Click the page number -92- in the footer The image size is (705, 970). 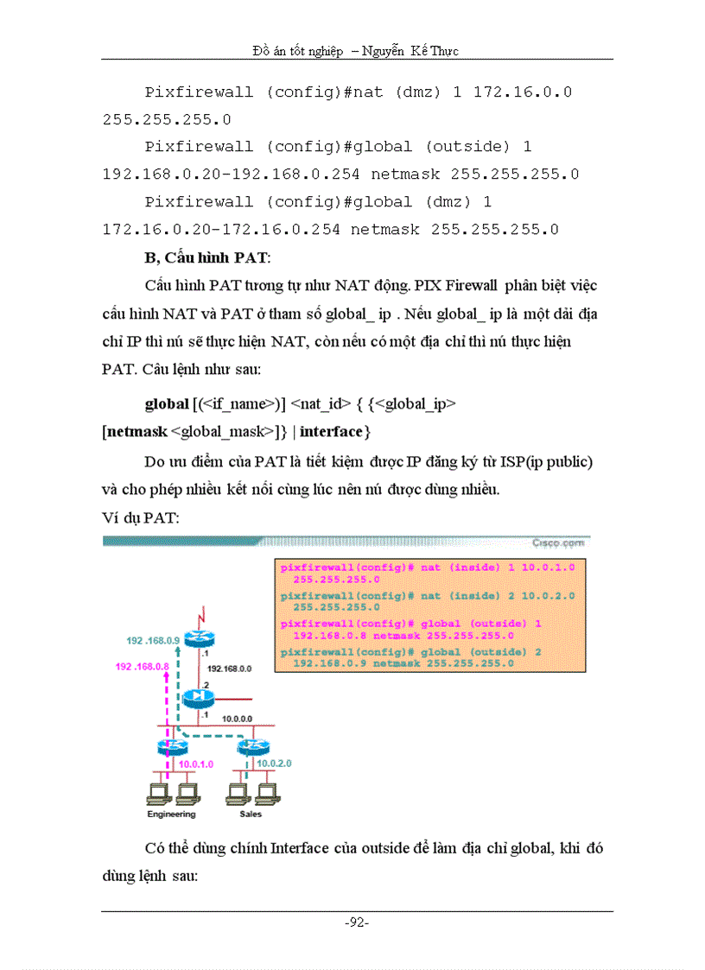tap(357, 922)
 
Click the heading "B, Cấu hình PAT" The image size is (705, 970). tap(206, 257)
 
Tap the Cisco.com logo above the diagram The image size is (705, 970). tap(558, 542)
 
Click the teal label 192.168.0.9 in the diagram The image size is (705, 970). tap(153, 640)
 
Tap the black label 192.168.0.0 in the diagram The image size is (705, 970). tap(229, 669)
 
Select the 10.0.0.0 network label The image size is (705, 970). tap(237, 717)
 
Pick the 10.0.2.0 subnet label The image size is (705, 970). tap(276, 764)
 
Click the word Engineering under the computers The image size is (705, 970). tap(171, 814)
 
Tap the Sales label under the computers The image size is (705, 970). tap(251, 814)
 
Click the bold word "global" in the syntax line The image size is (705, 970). tap(166, 403)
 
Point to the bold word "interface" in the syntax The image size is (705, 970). tap(332, 430)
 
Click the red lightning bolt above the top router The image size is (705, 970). tap(200, 618)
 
